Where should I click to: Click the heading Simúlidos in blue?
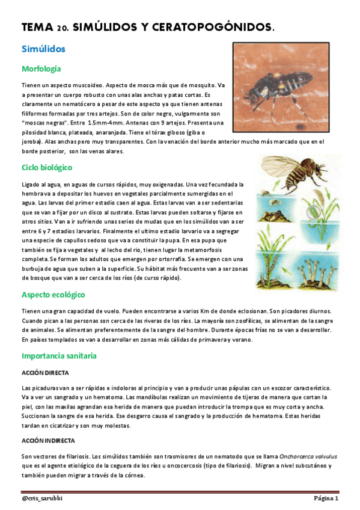click(x=43, y=49)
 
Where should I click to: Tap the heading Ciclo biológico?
click(x=47, y=167)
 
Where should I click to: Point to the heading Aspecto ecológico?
click(x=53, y=295)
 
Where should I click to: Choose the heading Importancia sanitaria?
click(x=59, y=356)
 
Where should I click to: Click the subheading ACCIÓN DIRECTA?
click(x=45, y=373)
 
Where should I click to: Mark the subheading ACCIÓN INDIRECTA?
click(x=48, y=441)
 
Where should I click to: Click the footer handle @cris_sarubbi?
click(x=43, y=499)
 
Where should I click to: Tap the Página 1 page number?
click(x=326, y=499)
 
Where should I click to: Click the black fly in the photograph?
click(x=277, y=90)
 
